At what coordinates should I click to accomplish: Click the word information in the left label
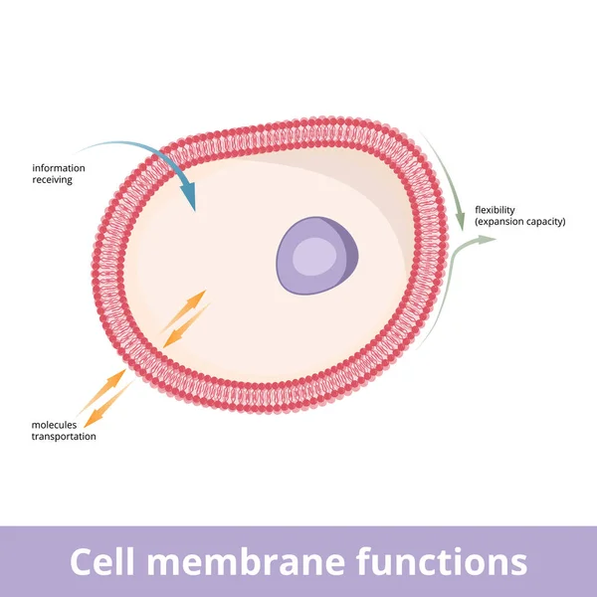(58, 168)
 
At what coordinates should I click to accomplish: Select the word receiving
(52, 180)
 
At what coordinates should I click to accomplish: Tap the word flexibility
(496, 209)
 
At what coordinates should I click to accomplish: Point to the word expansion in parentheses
(505, 221)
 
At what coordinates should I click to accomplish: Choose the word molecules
(54, 425)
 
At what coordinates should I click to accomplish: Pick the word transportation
(65, 437)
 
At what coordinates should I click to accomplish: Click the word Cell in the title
(103, 562)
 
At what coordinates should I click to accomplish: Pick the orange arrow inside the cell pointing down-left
(185, 326)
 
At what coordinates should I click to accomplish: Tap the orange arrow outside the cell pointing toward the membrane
(108, 387)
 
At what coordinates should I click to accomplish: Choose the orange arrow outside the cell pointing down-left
(109, 406)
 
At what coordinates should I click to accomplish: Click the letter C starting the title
(83, 562)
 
